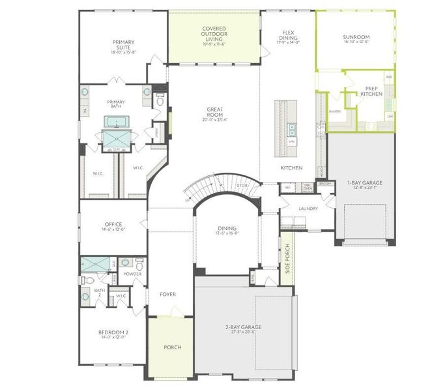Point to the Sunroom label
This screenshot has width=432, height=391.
[x=355, y=38]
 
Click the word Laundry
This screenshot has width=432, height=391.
[x=308, y=209]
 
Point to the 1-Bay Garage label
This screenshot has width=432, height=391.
[x=365, y=183]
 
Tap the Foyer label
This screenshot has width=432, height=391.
[x=167, y=295]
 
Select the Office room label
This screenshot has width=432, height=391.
[x=113, y=225]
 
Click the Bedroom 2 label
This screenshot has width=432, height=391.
[x=113, y=333]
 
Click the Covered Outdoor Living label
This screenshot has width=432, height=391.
[x=214, y=33]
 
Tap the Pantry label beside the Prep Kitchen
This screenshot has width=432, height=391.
[x=335, y=111]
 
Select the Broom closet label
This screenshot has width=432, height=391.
[x=324, y=184]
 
